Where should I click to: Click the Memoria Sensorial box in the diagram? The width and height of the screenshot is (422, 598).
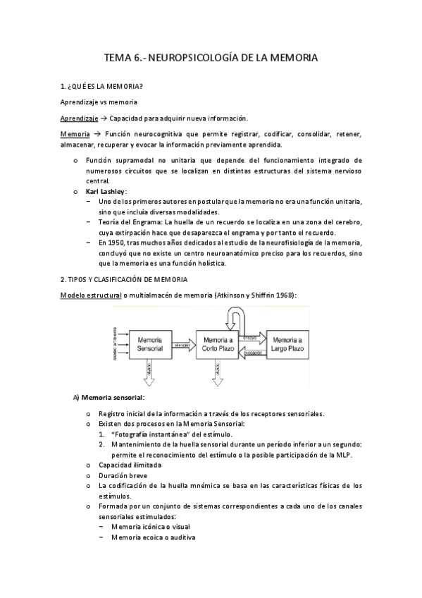click(151, 343)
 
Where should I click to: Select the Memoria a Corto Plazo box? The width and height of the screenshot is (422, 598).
click(218, 343)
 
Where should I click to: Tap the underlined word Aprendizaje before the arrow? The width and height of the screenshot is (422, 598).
click(79, 118)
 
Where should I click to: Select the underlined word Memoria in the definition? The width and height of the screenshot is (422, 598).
click(75, 134)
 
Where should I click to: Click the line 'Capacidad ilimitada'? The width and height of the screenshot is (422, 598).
click(130, 465)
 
